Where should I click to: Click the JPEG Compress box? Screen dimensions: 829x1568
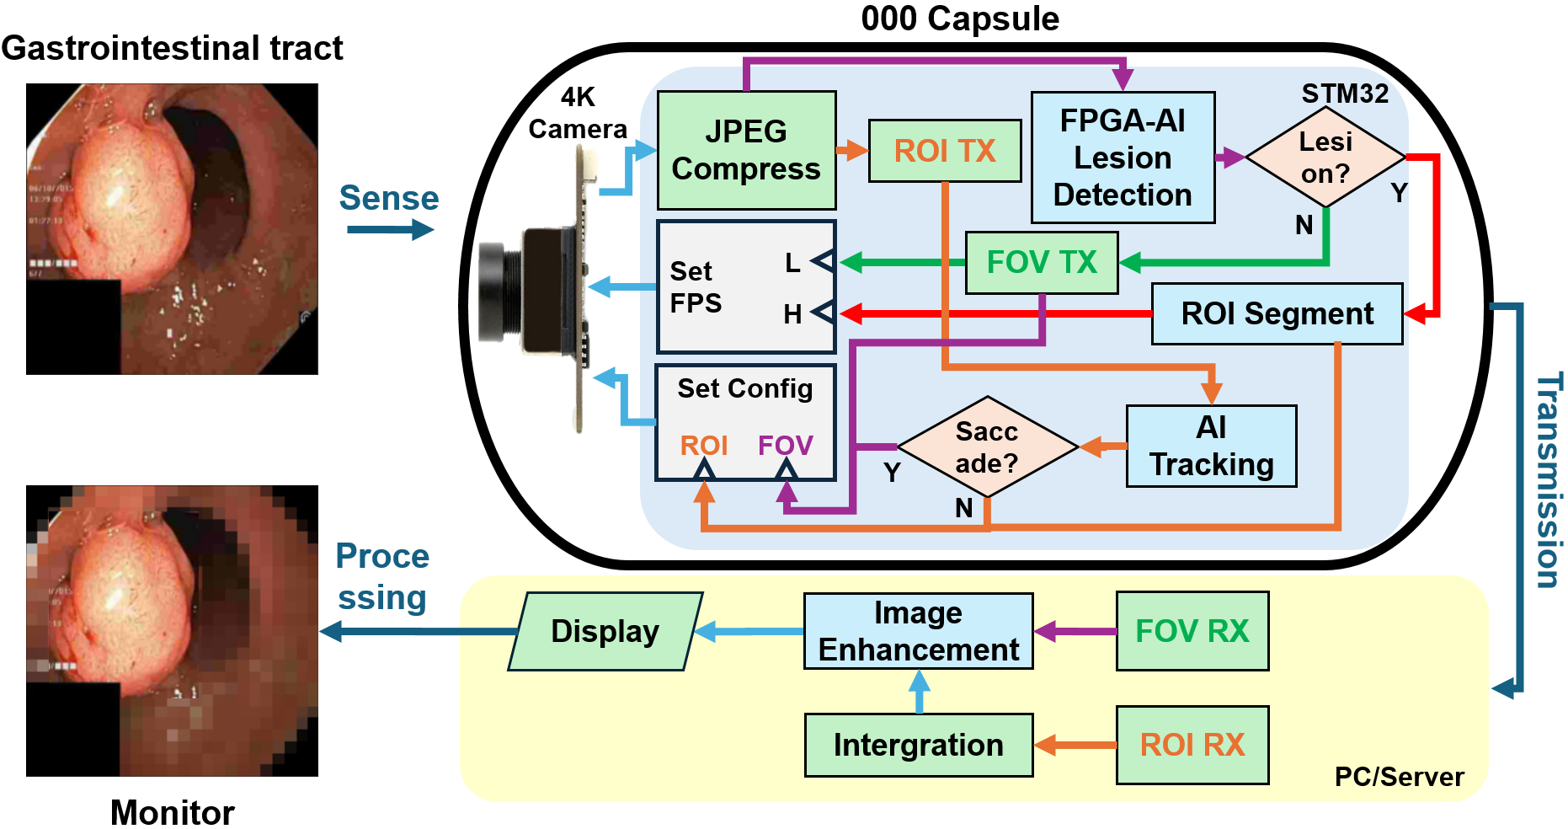pos(746,150)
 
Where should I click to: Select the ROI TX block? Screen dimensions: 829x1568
pos(944,151)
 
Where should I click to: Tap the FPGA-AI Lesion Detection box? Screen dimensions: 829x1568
pos(1123,158)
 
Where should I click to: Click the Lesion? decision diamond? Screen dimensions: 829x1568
pos(1325,157)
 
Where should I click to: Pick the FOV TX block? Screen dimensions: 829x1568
pos(1042,263)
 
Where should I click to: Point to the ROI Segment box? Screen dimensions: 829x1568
pos(1277,313)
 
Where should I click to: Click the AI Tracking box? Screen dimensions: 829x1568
pos(1211,447)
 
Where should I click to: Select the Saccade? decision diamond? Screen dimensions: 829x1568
pos(987,447)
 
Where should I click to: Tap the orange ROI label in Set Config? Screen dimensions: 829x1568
pos(704,445)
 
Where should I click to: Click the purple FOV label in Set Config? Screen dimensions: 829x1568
pos(785,445)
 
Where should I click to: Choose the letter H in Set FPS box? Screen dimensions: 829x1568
pos(792,314)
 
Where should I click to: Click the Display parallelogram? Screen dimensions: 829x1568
pos(605,631)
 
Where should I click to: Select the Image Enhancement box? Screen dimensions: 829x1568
pos(918,631)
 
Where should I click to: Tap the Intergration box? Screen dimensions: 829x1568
pos(918,745)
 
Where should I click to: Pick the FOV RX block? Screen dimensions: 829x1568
pos(1192,631)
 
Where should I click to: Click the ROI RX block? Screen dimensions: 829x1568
pos(1192,745)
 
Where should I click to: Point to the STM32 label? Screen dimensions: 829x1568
pos(1345,93)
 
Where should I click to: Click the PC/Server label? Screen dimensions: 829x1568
pos(1399,776)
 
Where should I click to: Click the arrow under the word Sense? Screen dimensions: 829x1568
pos(390,229)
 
